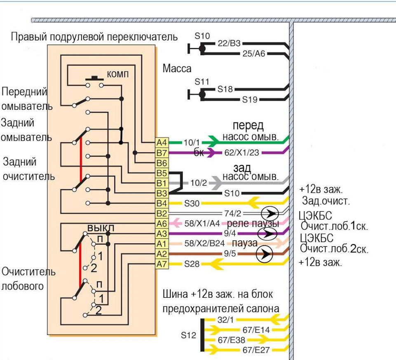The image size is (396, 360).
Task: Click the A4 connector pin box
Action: tap(162, 143)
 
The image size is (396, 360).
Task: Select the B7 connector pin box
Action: tap(162, 153)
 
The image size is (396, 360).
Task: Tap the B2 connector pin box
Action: tap(162, 213)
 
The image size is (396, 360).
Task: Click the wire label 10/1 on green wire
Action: tap(191, 143)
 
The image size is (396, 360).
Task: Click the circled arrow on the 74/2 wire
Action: tap(270, 214)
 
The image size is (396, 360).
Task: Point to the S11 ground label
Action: tap(202, 82)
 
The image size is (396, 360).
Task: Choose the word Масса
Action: tap(177, 68)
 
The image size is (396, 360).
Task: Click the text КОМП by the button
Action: tap(118, 75)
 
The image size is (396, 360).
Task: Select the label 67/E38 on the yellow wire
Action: tap(231, 340)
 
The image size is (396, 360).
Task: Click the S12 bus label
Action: tap(189, 335)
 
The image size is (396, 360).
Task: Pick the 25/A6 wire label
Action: tap(253, 54)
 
